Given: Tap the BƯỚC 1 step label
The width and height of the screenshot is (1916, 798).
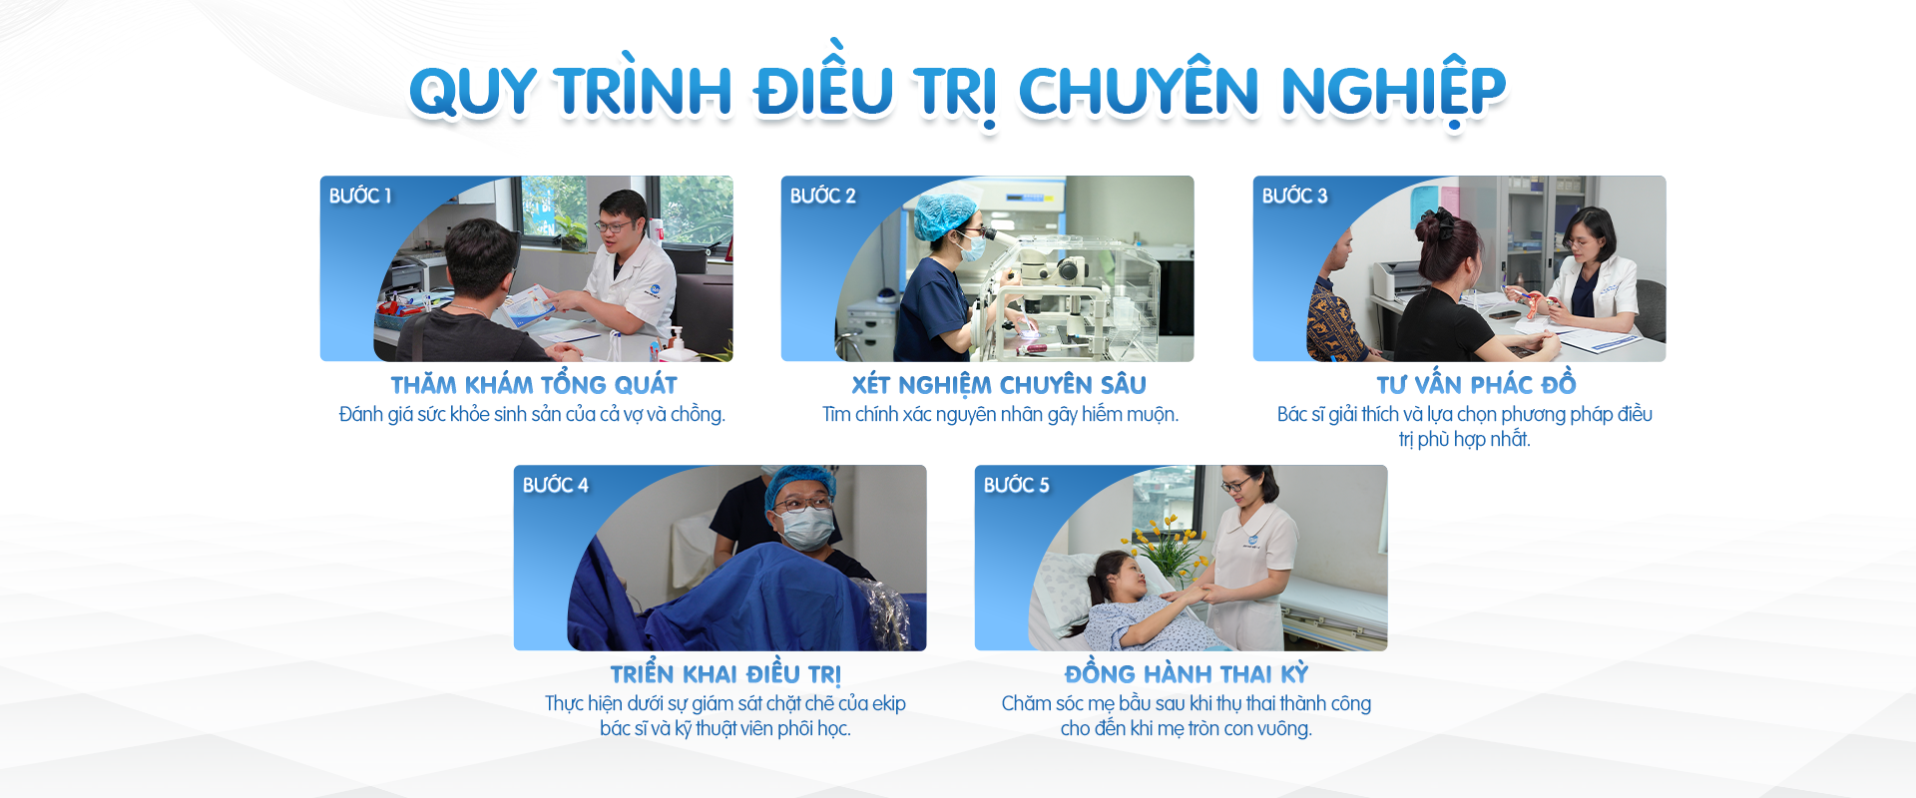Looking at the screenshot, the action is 360,196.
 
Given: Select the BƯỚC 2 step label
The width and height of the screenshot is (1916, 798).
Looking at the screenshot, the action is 823,196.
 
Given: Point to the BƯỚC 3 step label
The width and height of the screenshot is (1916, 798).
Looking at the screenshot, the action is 1295,196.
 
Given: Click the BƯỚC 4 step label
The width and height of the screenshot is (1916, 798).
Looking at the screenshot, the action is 556,485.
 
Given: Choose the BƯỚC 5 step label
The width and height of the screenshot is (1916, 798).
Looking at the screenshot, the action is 1017,485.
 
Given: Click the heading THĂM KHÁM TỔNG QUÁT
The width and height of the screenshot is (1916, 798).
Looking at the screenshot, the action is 534,385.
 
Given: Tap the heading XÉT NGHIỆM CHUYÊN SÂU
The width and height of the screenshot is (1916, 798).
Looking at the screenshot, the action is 999,385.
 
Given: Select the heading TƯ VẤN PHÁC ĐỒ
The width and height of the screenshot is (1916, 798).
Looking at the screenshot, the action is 1477,385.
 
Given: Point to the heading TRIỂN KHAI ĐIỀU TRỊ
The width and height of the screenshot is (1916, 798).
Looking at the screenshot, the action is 725,674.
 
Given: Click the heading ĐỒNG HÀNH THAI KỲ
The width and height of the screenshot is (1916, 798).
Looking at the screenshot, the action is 1187,674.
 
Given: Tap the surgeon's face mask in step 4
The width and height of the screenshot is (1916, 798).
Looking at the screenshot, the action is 806,527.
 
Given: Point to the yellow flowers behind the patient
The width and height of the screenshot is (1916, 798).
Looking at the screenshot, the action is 1164,547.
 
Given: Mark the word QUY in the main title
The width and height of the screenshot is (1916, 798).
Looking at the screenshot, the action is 474,92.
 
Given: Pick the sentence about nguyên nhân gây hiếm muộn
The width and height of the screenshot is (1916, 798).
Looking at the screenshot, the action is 1000,415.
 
